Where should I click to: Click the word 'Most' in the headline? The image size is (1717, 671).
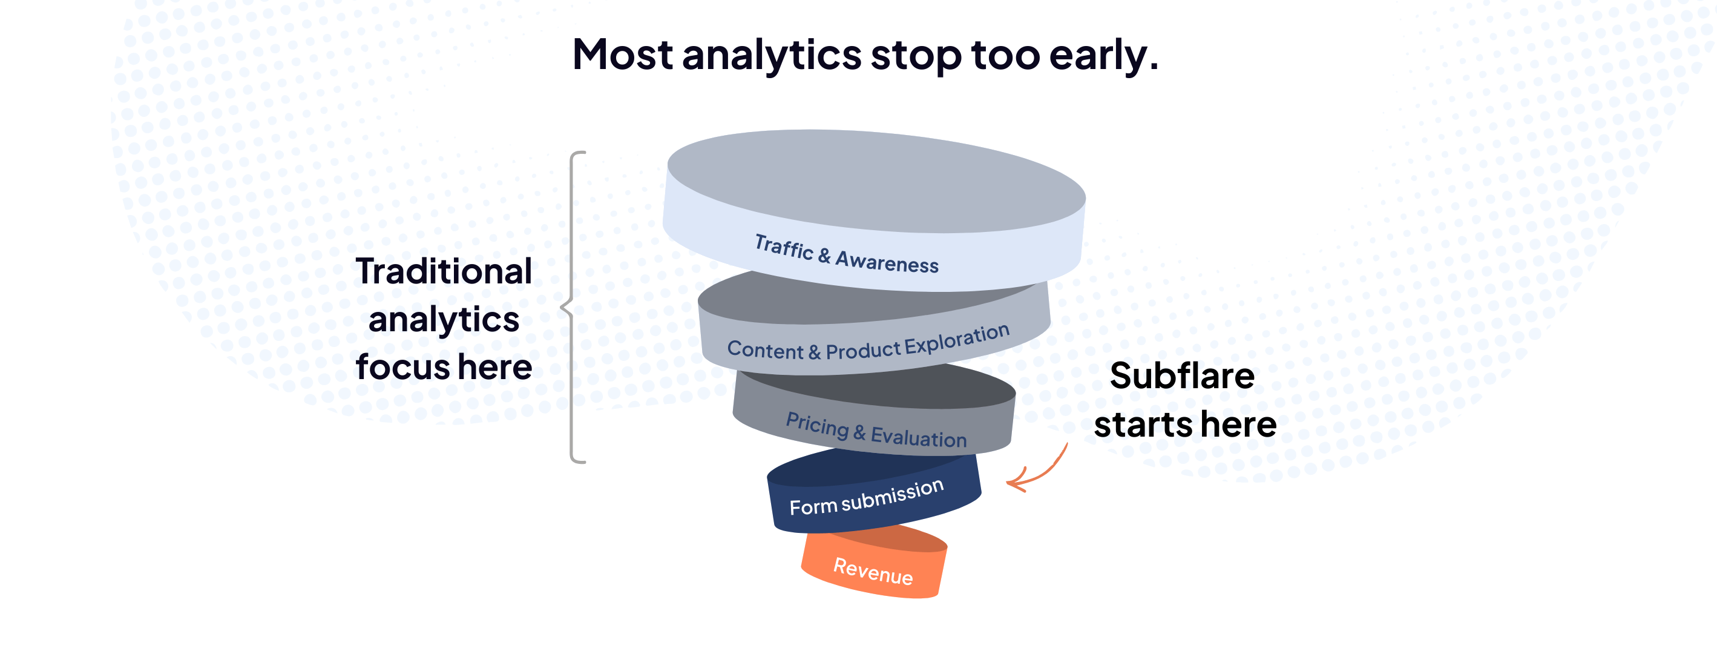(x=623, y=55)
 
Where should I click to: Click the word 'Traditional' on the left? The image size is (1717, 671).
(x=444, y=271)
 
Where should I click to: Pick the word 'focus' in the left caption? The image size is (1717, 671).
(x=402, y=368)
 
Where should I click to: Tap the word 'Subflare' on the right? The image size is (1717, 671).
(x=1182, y=375)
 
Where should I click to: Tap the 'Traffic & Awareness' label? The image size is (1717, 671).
(x=847, y=254)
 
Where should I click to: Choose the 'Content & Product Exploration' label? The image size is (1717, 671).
(x=868, y=343)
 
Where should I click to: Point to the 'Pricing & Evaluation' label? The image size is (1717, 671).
(x=876, y=430)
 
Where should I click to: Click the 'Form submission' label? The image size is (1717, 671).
(x=867, y=498)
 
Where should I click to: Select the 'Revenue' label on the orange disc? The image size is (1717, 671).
(x=873, y=571)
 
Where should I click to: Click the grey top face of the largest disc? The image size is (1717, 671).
(x=876, y=180)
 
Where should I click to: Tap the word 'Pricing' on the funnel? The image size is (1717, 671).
(x=817, y=424)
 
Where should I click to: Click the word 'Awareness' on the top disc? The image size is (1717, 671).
(x=887, y=261)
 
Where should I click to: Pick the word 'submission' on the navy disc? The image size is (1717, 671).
(x=893, y=494)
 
